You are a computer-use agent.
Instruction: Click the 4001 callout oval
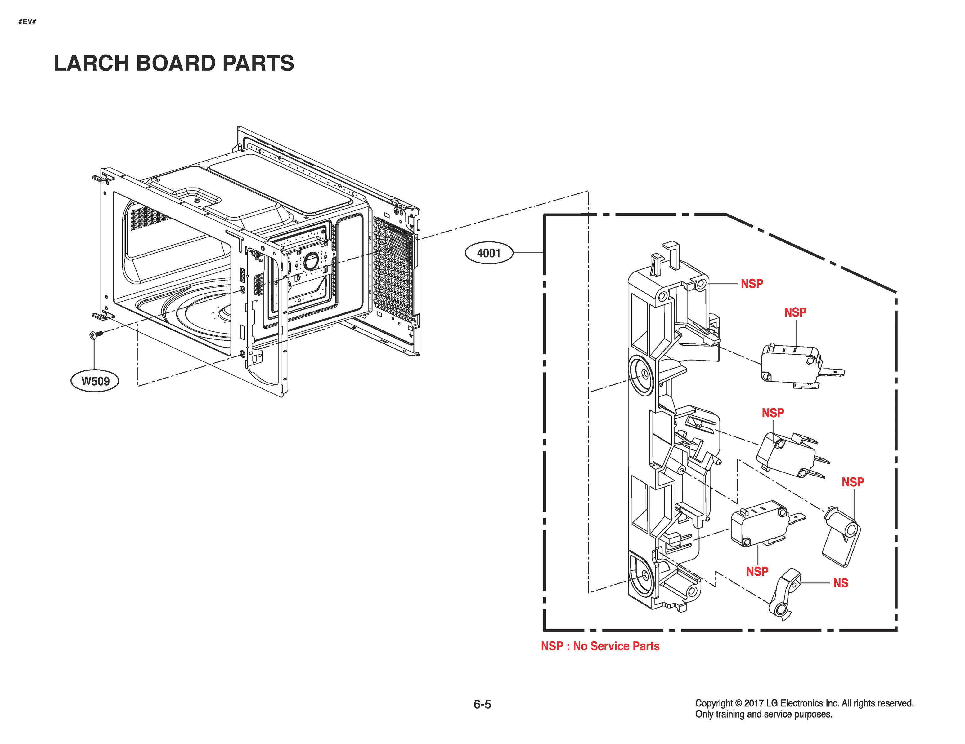(489, 253)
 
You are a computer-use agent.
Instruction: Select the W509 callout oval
(95, 381)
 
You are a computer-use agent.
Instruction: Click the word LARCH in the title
(91, 63)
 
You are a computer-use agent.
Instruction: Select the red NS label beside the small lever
(840, 583)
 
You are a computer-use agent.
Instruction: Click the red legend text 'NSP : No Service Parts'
(599, 646)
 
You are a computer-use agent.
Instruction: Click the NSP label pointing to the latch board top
(752, 283)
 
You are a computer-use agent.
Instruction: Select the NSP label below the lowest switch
(757, 571)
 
